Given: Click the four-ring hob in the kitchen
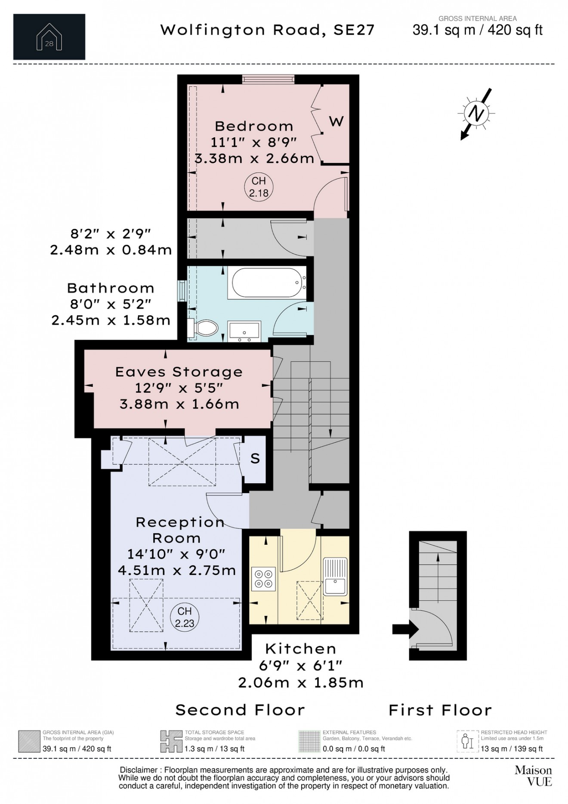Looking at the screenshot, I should click(263, 578).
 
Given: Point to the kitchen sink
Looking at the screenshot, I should click(335, 576).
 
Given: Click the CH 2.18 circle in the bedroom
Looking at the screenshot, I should click(259, 187).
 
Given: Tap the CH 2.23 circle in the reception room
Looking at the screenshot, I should click(184, 617).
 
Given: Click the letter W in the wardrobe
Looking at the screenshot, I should click(336, 121).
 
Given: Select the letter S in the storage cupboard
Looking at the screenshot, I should click(255, 459).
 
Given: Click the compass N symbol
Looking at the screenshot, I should click(476, 113).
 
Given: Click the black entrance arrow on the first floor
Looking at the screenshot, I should click(405, 629).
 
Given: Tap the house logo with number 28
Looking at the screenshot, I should click(49, 37).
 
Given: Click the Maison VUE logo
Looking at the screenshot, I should click(533, 776).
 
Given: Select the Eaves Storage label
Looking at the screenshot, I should click(179, 372).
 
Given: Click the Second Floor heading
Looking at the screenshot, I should click(240, 710).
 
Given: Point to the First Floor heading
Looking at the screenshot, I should click(440, 710).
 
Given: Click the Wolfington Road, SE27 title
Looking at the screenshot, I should click(267, 30).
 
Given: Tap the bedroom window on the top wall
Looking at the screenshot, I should click(268, 79).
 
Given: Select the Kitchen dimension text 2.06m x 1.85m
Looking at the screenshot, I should click(301, 683).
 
